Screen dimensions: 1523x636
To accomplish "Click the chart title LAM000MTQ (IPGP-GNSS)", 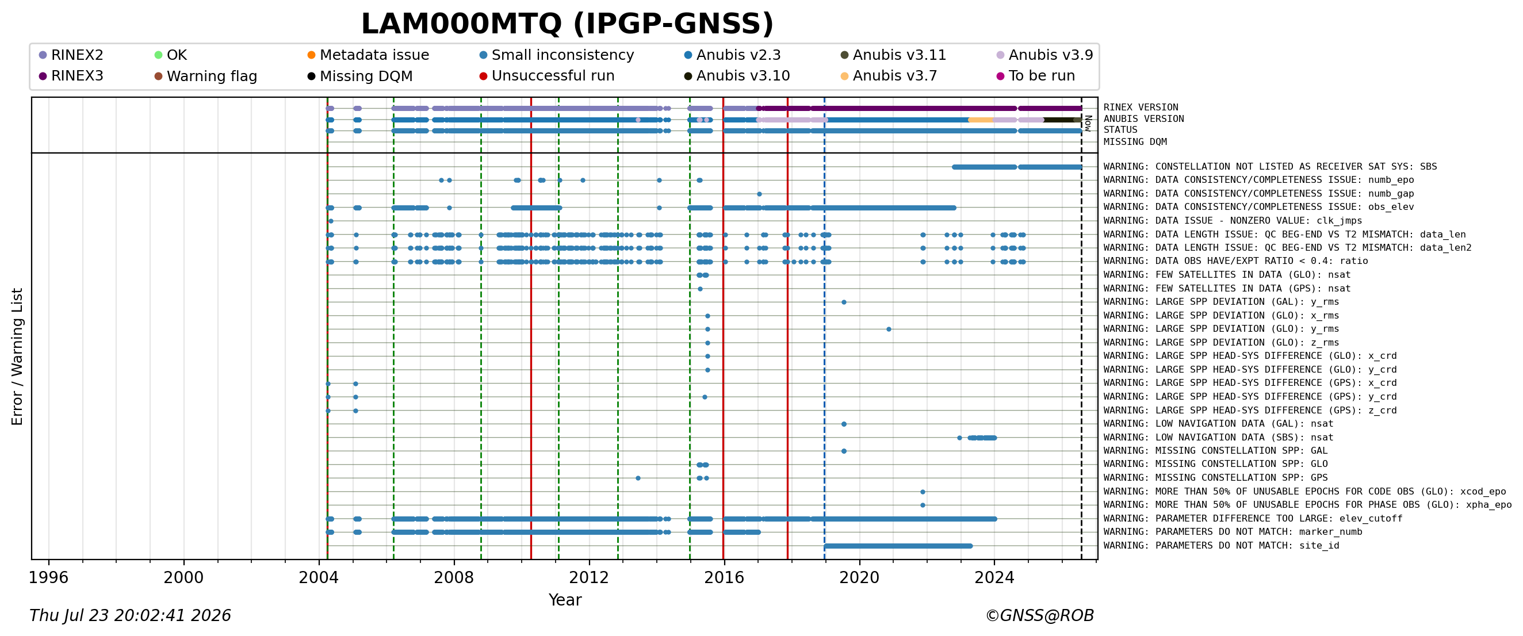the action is coord(567,24).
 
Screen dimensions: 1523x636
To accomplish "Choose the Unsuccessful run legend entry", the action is coord(547,76).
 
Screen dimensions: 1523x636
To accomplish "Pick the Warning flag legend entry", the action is coord(206,76).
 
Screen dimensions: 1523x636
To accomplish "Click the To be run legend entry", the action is coord(1036,76).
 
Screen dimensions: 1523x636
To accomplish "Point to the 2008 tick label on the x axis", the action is coord(454,577).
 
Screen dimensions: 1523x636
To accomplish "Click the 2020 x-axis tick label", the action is coord(859,577).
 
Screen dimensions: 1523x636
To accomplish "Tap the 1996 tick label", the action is coord(48,577).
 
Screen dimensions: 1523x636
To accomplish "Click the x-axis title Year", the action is coord(565,600).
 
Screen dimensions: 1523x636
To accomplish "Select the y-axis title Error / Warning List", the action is coord(17,357).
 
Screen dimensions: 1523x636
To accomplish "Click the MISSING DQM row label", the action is coord(1135,142).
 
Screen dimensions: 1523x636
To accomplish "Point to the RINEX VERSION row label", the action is coord(1141,108).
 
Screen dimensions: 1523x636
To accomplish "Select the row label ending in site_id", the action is coord(1220,546).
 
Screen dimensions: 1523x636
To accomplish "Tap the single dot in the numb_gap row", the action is coord(759,194).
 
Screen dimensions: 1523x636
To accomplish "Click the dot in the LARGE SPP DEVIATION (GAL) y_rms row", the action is coord(844,302).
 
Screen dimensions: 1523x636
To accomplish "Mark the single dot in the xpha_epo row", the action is coord(923,505).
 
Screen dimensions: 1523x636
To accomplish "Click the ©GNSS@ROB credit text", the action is coord(1039,616).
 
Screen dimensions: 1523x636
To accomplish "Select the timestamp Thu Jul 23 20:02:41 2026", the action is coord(130,616).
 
